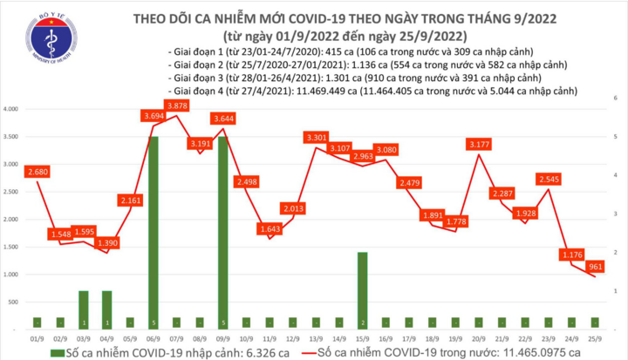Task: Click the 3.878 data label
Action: pyautogui.click(x=177, y=105)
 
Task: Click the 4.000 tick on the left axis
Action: pyautogui.click(x=12, y=109)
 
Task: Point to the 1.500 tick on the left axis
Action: pyautogui.click(x=12, y=247)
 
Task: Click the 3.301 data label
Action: pyautogui.click(x=317, y=137)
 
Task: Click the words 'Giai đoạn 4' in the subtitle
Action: pyautogui.click(x=197, y=90)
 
